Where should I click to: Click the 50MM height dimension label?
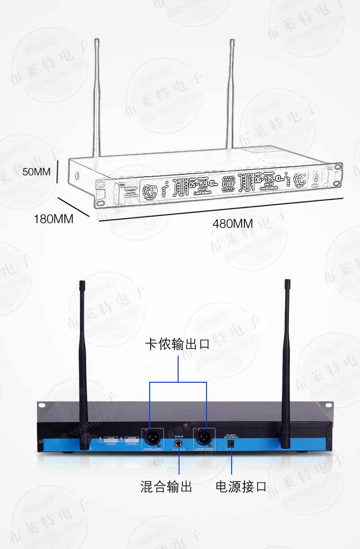click(x=36, y=171)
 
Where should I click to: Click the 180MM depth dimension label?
click(x=54, y=219)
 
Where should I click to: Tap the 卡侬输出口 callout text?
click(x=177, y=344)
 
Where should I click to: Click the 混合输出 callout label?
click(x=166, y=486)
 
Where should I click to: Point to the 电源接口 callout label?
click(x=241, y=486)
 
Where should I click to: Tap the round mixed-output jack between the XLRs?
click(x=179, y=445)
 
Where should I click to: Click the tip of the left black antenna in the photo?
click(x=81, y=283)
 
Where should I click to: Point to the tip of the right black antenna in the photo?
click(x=287, y=282)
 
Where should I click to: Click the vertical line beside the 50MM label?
click(x=57, y=171)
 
